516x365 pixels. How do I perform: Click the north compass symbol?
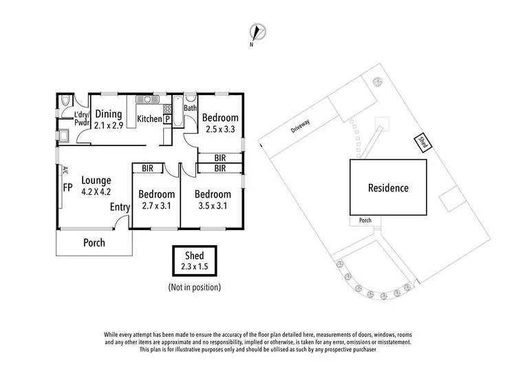tap(258, 32)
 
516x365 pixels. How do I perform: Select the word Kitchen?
tap(149, 120)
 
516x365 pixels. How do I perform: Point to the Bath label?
tap(191, 107)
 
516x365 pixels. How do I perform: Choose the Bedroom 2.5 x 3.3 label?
tap(222, 123)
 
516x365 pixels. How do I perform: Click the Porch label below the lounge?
tap(94, 242)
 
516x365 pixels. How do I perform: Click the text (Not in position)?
tap(194, 286)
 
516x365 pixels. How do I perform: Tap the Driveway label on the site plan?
tap(300, 125)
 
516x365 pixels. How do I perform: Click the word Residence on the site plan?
tap(387, 187)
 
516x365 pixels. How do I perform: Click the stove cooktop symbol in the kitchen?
tap(166, 109)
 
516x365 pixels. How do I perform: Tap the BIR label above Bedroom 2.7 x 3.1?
tap(147, 167)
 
